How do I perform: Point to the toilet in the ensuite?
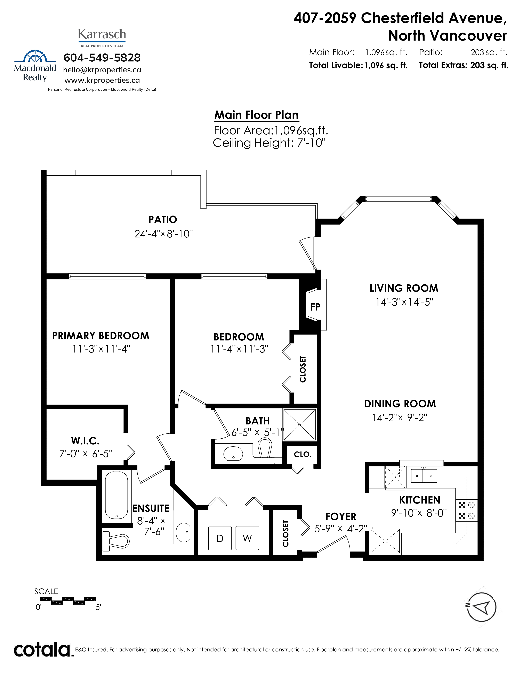point(115,541)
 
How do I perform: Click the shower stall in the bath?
point(300,425)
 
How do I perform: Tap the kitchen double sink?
point(424,476)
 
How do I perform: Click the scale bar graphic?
point(68,601)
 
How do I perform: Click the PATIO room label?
point(163,219)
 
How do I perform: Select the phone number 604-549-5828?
point(102,58)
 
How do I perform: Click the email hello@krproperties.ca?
point(102,70)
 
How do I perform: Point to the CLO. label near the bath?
point(303,454)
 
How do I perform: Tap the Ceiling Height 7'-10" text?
point(269,143)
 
